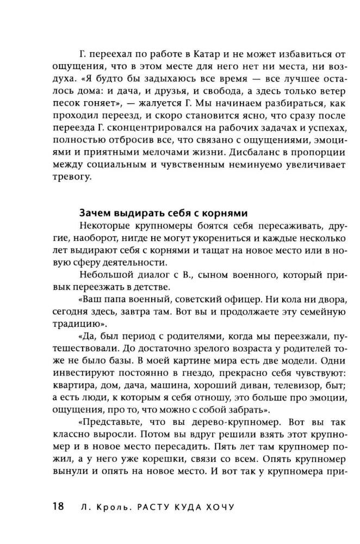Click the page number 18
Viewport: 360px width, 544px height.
click(x=58, y=507)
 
